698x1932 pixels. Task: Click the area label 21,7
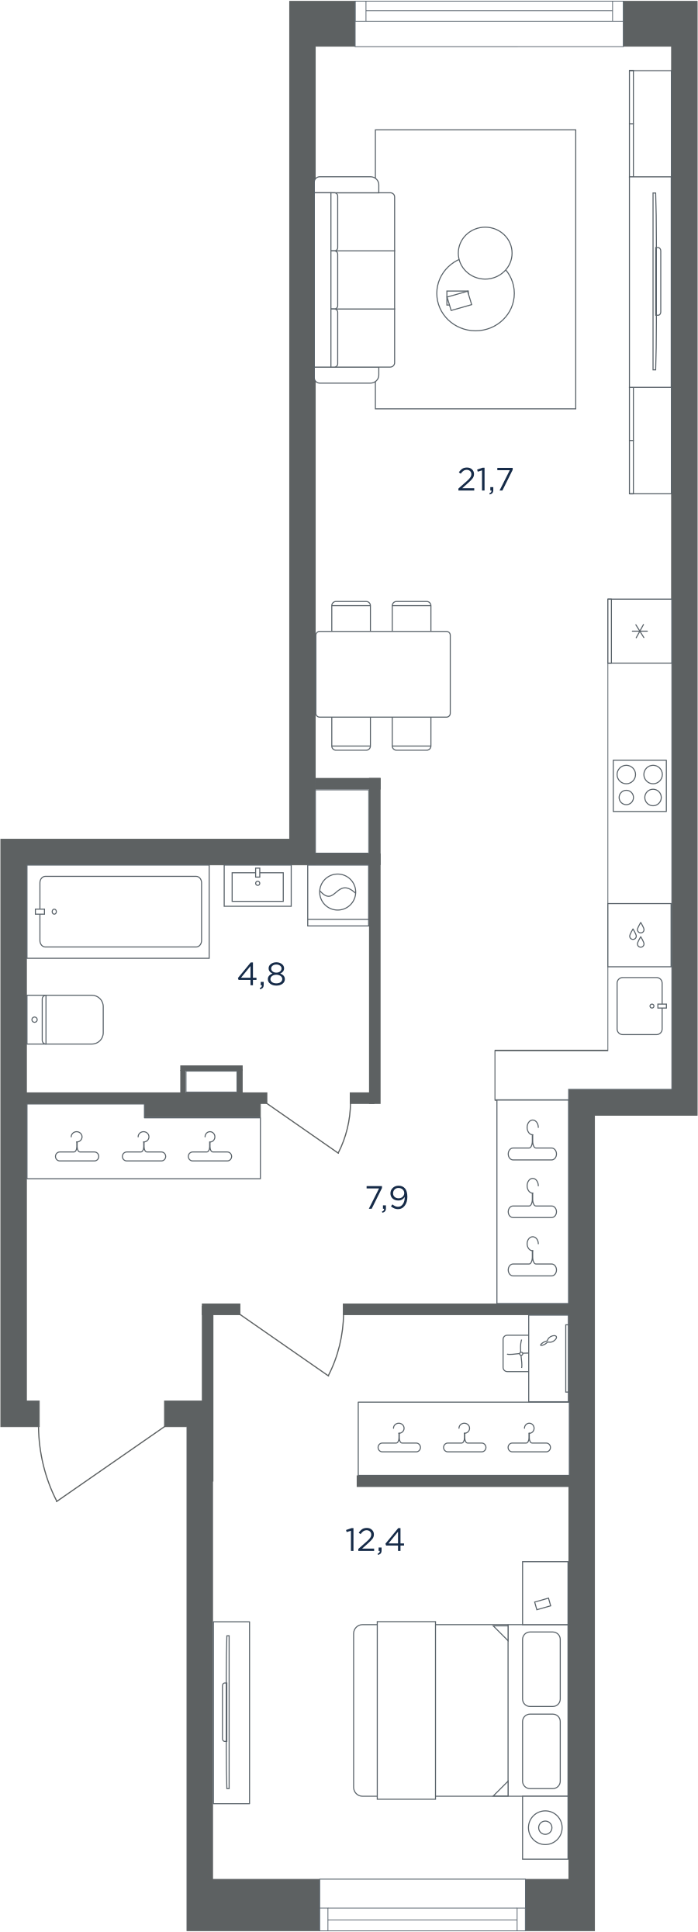485,480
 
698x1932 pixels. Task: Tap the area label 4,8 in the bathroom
261,974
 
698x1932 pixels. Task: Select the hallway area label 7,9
386,1199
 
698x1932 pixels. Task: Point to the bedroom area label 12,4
375,1539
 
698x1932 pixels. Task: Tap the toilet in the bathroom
65,1020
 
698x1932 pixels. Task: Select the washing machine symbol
338,895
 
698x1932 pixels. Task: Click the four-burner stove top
640,785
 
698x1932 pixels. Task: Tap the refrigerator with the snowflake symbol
640,631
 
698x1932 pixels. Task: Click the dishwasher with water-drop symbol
639,935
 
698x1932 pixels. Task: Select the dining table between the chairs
383,673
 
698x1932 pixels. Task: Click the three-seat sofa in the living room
355,279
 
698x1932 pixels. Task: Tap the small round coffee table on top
485,252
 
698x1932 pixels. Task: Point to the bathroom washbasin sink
258,885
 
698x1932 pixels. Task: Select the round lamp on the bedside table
545,1827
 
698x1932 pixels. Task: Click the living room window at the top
489,23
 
